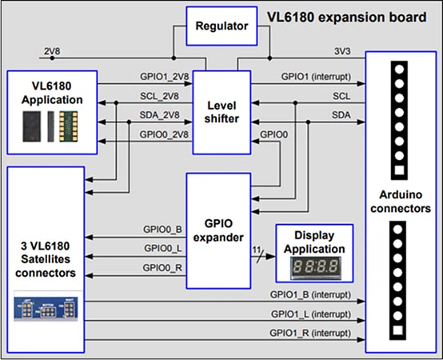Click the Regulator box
[x=221, y=26]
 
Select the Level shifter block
[x=221, y=113]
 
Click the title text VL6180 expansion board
[x=343, y=16]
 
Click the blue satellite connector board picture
[x=46, y=307]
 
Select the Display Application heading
[x=313, y=242]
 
